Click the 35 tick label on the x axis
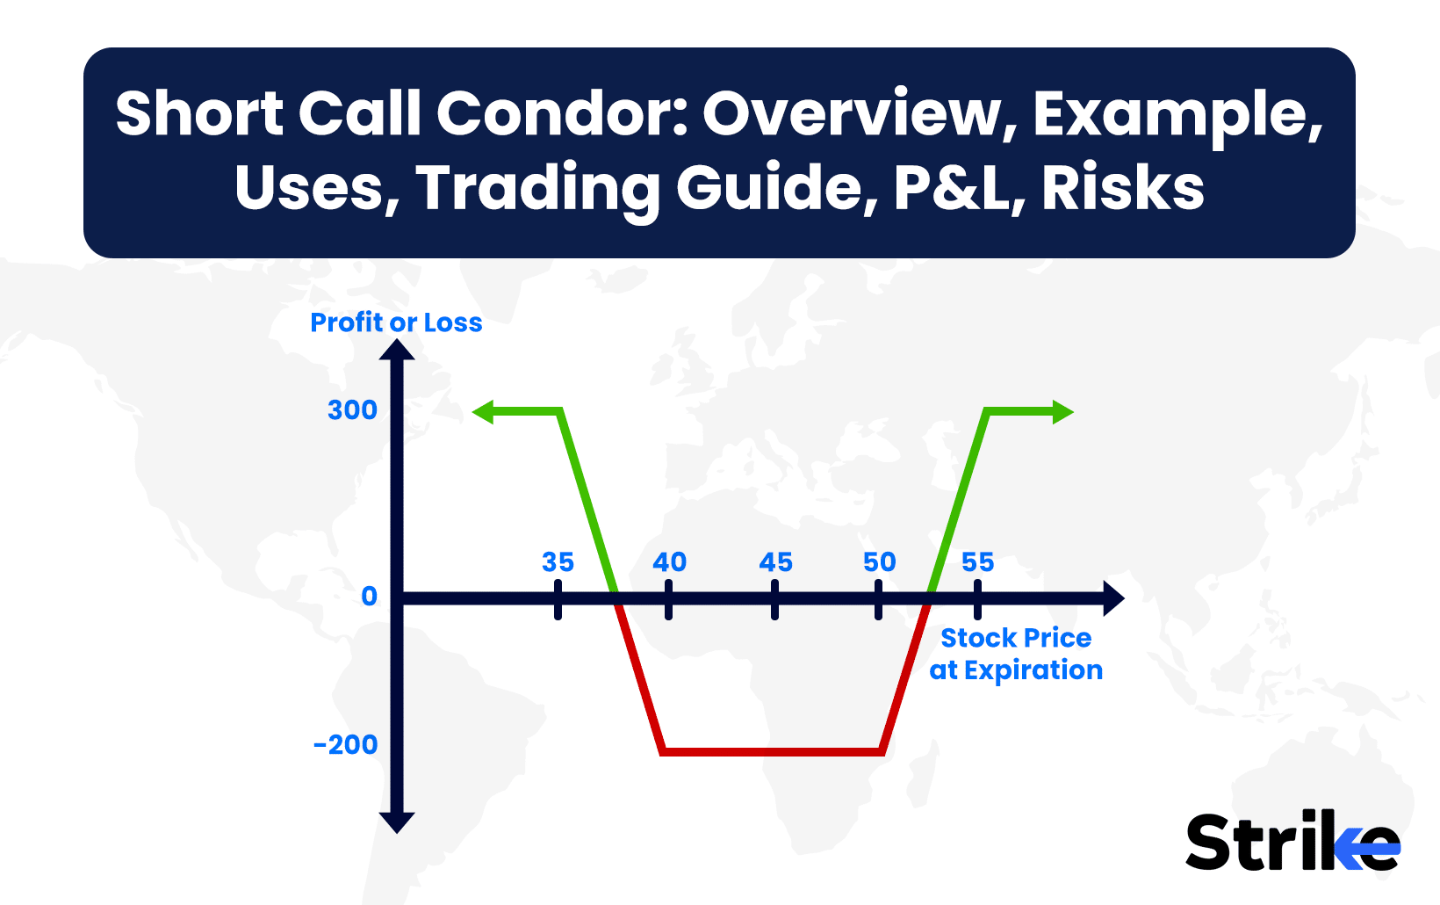coord(558,562)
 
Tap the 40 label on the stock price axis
coord(669,562)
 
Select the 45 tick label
coord(775,562)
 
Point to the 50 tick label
coord(880,562)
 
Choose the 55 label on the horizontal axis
coord(978,562)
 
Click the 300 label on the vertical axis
coord(352,410)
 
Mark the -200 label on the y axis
coord(345,745)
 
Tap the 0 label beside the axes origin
coord(369,597)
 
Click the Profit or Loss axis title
coord(396,322)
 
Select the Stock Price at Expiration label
coord(1017,654)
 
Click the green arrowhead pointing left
coord(484,412)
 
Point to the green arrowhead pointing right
coord(1062,412)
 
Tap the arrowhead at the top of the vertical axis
coord(397,350)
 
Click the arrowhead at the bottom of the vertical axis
coord(397,822)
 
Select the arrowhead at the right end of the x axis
coord(1114,598)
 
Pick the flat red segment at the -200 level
coord(773,751)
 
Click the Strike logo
coord(1292,842)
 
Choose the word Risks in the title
coord(1122,188)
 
